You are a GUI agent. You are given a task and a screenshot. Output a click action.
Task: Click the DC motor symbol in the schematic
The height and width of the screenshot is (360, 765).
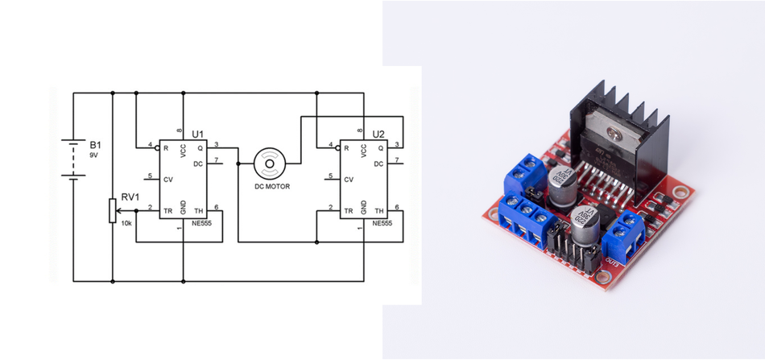pyautogui.click(x=269, y=163)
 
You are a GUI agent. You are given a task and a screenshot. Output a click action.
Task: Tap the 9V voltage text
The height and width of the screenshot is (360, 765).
pyautogui.click(x=93, y=155)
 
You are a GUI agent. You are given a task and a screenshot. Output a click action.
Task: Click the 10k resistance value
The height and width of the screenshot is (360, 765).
pyautogui.click(x=126, y=223)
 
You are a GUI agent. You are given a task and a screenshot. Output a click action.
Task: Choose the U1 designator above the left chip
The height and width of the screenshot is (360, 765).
pyautogui.click(x=197, y=133)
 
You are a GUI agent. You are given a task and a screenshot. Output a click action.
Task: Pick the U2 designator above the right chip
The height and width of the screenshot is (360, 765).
pyautogui.click(x=378, y=133)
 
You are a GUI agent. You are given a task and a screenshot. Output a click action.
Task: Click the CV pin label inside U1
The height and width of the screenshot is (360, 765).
pyautogui.click(x=167, y=179)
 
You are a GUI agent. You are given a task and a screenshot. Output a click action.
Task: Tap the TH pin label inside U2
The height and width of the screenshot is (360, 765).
pyautogui.click(x=378, y=211)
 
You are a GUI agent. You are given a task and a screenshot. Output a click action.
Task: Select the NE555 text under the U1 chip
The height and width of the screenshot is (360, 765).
pyautogui.click(x=201, y=222)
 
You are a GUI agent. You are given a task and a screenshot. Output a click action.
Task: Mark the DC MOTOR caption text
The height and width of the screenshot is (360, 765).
pyautogui.click(x=272, y=187)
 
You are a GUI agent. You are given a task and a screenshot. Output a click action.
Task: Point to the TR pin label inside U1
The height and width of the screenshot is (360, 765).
pyautogui.click(x=167, y=211)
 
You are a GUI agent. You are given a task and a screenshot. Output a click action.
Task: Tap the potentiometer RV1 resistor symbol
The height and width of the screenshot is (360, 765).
pyautogui.click(x=111, y=211)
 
